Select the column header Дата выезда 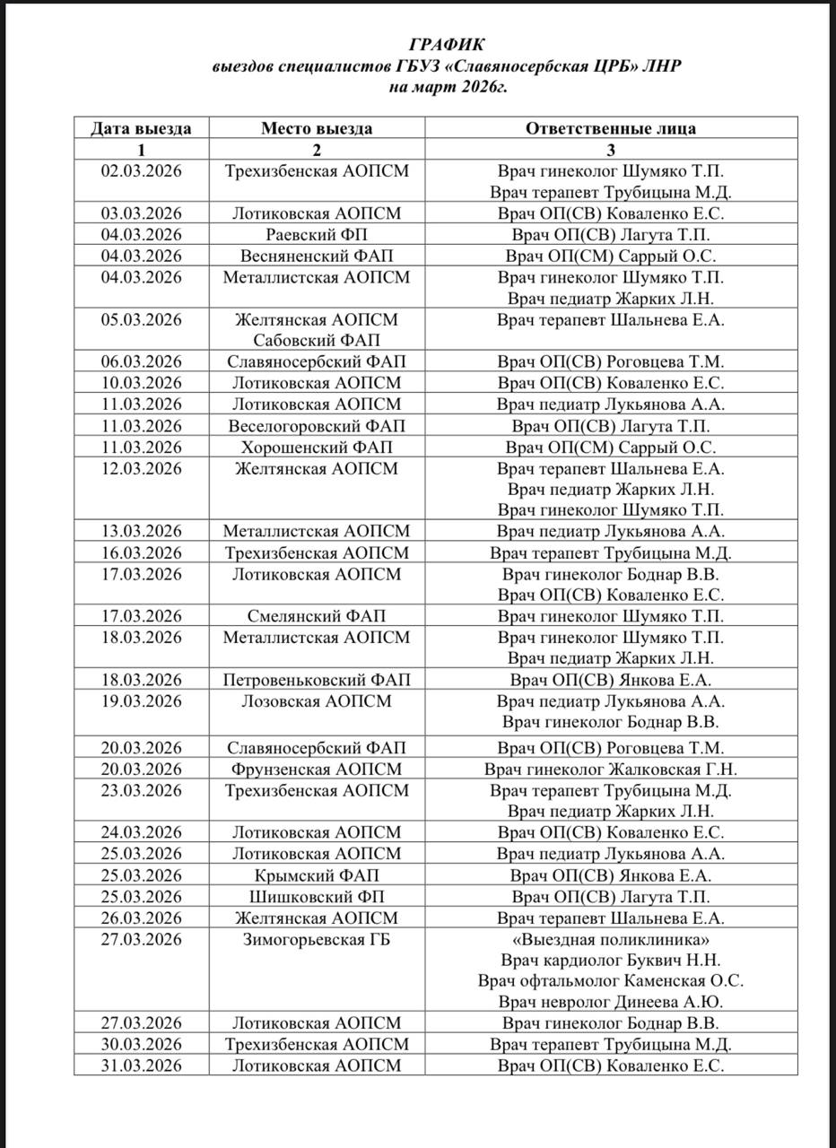point(141,128)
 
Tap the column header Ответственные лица point(610,128)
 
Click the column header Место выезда point(317,128)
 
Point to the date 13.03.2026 point(141,532)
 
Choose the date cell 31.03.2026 point(141,1065)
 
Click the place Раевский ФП point(317,235)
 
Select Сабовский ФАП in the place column point(317,341)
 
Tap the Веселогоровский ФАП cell point(317,426)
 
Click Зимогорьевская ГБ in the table point(317,940)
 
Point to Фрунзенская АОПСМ point(317,770)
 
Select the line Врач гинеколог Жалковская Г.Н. point(610,770)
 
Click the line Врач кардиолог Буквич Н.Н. point(610,961)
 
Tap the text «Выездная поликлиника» point(610,940)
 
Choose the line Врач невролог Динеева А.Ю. point(610,1003)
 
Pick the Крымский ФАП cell point(317,875)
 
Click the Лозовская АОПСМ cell point(317,701)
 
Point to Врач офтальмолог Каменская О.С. point(610,981)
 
